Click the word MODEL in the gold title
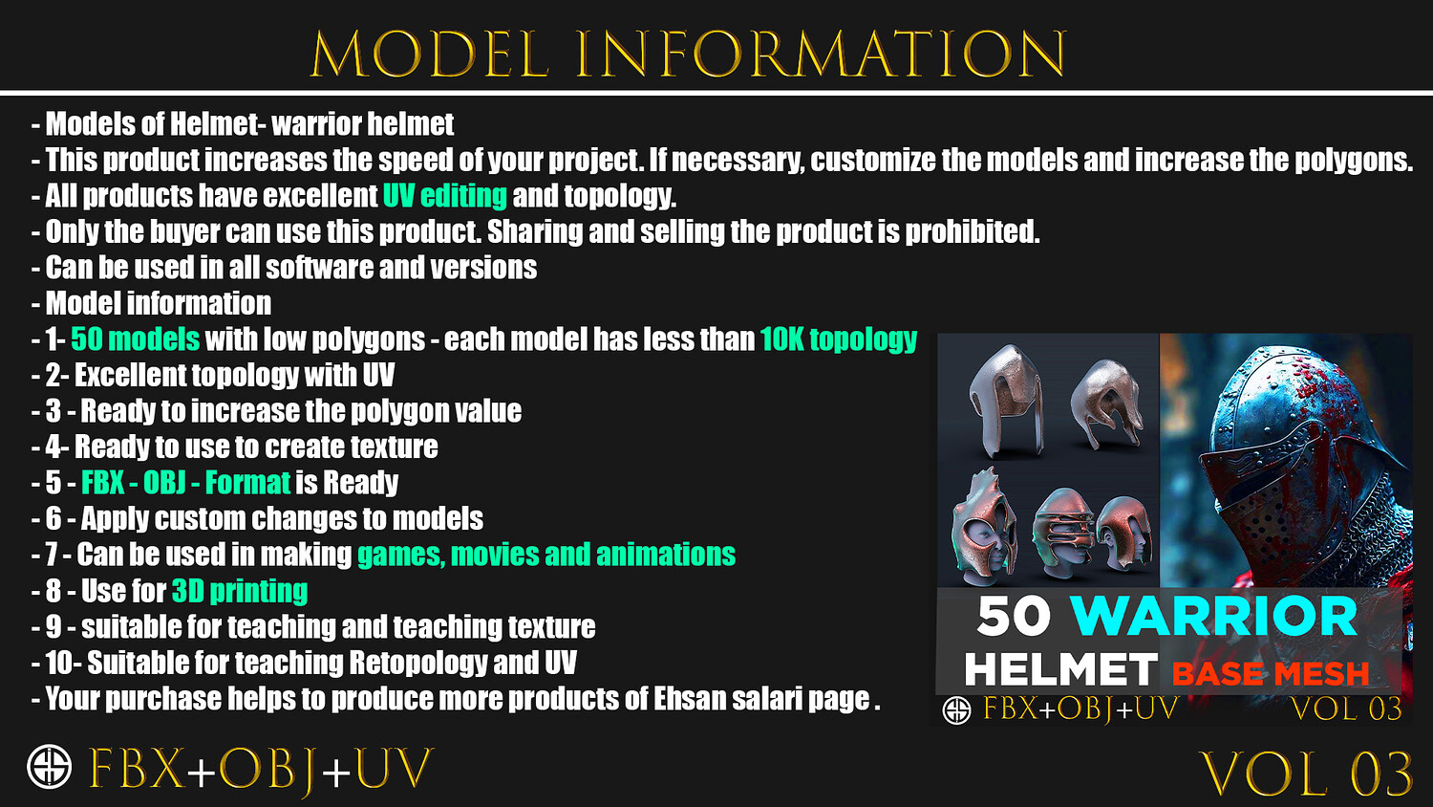tap(430, 55)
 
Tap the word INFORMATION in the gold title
tap(822, 55)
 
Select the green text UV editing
tap(445, 196)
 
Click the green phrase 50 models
tap(135, 339)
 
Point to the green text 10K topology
tap(839, 340)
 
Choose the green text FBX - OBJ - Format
tap(185, 483)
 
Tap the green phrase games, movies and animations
tap(546, 555)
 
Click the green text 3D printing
tap(240, 591)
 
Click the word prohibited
tap(972, 231)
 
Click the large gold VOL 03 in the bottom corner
tap(1306, 774)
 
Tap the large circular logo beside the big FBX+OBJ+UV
tap(50, 766)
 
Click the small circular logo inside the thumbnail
tap(956, 710)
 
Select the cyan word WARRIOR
tap(1214, 616)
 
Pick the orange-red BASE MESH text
tap(1271, 673)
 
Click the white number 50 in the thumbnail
tap(1014, 616)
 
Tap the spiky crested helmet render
tap(983, 527)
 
